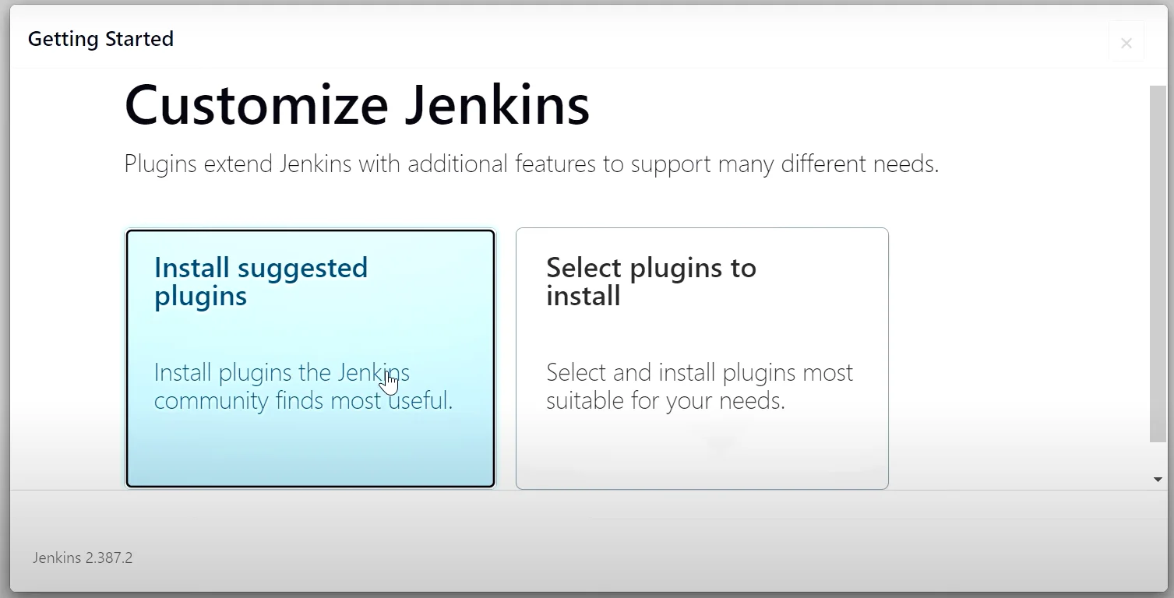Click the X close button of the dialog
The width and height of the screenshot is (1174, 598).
[1126, 43]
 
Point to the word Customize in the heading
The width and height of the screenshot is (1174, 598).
[256, 105]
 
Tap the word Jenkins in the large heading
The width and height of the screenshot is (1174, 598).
[497, 104]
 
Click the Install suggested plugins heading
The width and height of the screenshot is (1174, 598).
[260, 282]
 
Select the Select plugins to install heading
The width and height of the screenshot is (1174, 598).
[651, 282]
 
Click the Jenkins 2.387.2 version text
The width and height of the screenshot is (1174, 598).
[83, 558]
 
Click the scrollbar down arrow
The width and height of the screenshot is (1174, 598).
[1158, 479]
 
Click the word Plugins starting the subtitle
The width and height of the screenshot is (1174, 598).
[160, 164]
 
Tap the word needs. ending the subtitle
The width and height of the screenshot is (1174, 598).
[906, 164]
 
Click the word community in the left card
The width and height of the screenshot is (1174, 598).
[210, 401]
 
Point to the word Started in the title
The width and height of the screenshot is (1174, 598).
[139, 39]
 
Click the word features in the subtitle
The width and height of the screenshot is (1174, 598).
[555, 164]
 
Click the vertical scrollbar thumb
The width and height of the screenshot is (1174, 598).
[1158, 264]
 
